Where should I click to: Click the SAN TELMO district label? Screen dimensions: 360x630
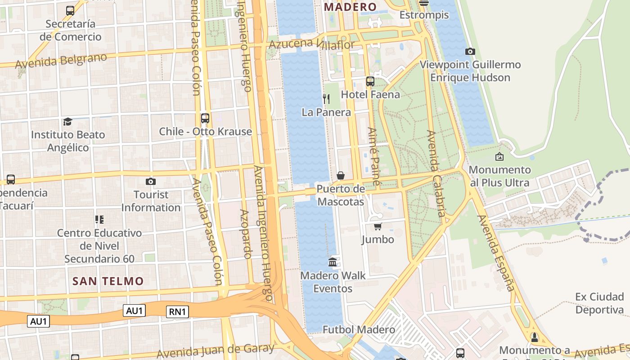pyautogui.click(x=108, y=281)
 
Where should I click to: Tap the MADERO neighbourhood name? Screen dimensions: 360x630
pyautogui.click(x=350, y=7)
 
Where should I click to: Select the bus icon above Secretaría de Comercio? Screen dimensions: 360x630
pyautogui.click(x=70, y=10)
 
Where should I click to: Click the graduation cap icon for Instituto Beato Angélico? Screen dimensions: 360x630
pyautogui.click(x=67, y=121)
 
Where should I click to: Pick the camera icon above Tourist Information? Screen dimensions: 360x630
pyautogui.click(x=151, y=181)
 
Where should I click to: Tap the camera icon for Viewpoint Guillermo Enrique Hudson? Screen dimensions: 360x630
pyautogui.click(x=470, y=51)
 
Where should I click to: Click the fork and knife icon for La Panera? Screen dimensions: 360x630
pyautogui.click(x=326, y=99)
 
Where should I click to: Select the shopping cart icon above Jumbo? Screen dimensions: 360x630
pyautogui.click(x=378, y=226)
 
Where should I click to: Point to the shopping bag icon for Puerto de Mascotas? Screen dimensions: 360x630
pyautogui.click(x=341, y=175)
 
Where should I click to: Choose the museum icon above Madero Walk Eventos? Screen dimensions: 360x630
pyautogui.click(x=333, y=262)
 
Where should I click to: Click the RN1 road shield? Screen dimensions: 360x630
pyautogui.click(x=177, y=312)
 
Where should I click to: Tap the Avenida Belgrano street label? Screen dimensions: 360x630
pyautogui.click(x=61, y=61)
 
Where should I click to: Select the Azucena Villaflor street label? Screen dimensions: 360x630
pyautogui.click(x=311, y=44)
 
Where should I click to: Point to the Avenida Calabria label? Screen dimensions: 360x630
pyautogui.click(x=436, y=173)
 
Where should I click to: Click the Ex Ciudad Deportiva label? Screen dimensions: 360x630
pyautogui.click(x=599, y=303)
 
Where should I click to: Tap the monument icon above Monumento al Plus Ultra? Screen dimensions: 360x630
pyautogui.click(x=499, y=157)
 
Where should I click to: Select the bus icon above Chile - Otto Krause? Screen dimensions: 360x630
pyautogui.click(x=205, y=118)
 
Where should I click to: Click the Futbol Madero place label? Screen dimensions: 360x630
pyautogui.click(x=359, y=330)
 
